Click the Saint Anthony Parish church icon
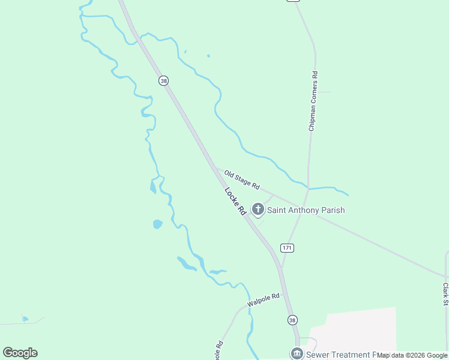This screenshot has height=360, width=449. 258,209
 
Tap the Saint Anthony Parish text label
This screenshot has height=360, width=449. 306,210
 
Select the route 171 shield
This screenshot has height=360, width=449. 287,248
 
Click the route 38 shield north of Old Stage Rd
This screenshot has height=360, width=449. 163,80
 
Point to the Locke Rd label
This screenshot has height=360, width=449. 236,202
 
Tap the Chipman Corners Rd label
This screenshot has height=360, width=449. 313,101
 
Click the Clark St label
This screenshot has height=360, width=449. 445,294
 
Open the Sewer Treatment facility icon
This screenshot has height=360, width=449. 297,354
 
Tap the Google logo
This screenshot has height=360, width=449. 20,353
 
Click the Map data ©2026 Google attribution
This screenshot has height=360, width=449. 412,356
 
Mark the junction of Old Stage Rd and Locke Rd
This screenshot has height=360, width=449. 215,167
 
